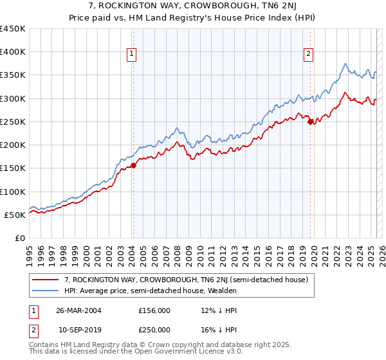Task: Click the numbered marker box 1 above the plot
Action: click(x=131, y=55)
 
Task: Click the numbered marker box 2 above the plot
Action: click(x=309, y=55)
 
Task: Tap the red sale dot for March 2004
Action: click(x=133, y=165)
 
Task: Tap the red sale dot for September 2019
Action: click(x=310, y=122)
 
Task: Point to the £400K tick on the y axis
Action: click(x=13, y=52)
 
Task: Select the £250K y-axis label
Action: click(x=13, y=122)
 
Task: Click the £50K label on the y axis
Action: click(x=15, y=215)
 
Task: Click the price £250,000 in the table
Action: click(x=154, y=329)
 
